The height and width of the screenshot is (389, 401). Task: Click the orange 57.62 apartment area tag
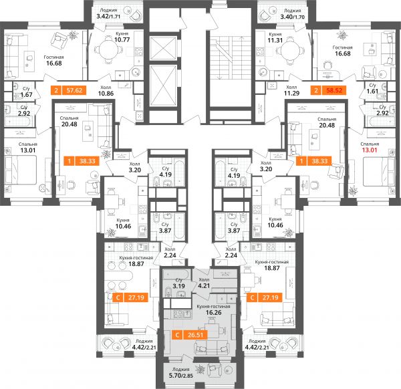pos(74,90)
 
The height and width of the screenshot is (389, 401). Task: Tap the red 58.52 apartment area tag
pos(334,90)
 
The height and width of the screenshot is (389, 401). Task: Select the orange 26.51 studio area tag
pos(195,335)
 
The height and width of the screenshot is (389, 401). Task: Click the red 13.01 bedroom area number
pos(370,150)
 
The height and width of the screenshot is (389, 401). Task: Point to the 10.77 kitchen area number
pos(122,40)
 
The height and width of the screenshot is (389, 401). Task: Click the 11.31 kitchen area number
pos(275,40)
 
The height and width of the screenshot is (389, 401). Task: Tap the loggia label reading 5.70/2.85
pos(181,376)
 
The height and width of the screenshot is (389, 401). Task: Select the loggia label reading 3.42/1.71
pos(108,17)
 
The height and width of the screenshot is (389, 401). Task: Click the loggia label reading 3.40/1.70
pos(292,17)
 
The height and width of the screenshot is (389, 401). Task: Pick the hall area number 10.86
pos(106,94)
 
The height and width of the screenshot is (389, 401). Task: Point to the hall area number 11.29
pos(291,94)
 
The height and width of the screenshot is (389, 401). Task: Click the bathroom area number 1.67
pos(26,95)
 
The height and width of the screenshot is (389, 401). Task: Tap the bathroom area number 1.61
pos(372,92)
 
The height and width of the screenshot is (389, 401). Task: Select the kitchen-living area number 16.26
pos(214,313)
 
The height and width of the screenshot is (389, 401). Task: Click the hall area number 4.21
pos(204,285)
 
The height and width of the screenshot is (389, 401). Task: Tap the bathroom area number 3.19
pos(178,286)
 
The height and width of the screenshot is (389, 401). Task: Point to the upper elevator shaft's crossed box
pos(163,48)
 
